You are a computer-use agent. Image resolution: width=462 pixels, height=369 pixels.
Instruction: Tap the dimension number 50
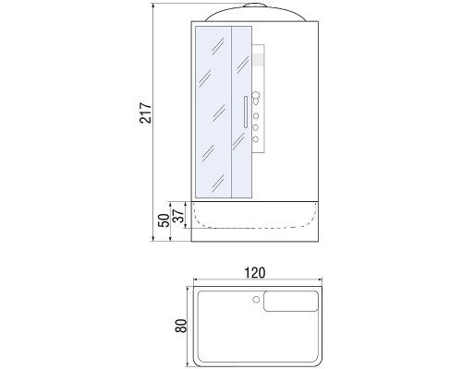[x=163, y=221]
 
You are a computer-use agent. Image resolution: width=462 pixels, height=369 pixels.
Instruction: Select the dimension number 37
[x=180, y=214]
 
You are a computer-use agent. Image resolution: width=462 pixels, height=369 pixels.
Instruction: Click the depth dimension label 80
[x=181, y=326]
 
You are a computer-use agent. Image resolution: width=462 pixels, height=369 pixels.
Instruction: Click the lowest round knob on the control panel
[x=256, y=139]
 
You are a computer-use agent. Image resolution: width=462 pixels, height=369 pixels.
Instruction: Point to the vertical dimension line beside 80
[x=189, y=326]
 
